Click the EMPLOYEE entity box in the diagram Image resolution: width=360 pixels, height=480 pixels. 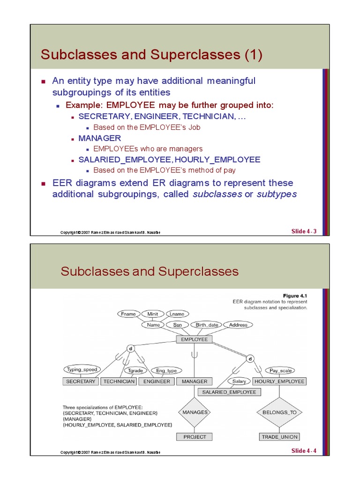(x=194, y=339)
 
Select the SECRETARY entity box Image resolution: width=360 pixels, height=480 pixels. (x=81, y=382)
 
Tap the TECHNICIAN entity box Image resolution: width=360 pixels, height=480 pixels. (x=119, y=382)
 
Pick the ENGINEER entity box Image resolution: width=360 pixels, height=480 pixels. (x=157, y=382)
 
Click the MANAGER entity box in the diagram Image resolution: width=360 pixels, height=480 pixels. (x=194, y=382)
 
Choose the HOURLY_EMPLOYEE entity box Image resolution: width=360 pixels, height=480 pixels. (x=279, y=382)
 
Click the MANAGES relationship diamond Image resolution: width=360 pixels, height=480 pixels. (x=195, y=412)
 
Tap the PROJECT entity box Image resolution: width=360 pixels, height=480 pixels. (x=195, y=437)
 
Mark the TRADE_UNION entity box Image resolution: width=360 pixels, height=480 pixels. (x=279, y=437)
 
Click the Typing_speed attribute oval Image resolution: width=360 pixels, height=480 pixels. (x=82, y=369)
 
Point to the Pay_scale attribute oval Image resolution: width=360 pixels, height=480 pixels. (x=280, y=370)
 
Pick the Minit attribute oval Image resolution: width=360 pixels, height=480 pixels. (x=153, y=314)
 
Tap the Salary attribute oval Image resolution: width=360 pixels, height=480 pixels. (x=239, y=382)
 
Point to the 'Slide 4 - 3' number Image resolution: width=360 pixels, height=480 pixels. (x=304, y=231)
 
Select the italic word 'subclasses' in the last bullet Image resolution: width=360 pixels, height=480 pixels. (x=217, y=194)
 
